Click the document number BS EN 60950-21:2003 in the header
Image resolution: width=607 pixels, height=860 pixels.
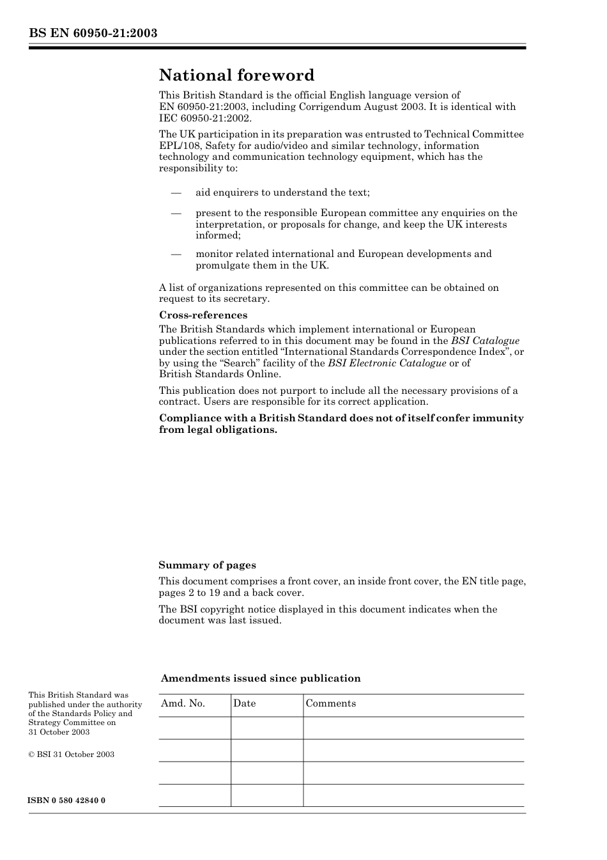tap(93, 33)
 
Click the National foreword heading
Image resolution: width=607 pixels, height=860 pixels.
tap(236, 75)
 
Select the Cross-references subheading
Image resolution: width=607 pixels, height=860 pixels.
tap(203, 315)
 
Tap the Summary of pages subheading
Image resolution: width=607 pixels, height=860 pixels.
tap(207, 565)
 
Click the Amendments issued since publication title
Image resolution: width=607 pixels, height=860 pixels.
tap(261, 678)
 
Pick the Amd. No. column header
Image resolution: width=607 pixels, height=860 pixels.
tap(183, 703)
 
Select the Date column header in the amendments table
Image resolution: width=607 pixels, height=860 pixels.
tap(244, 703)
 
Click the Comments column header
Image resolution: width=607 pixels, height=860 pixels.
tap(330, 703)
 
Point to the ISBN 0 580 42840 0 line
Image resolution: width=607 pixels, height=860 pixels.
tap(66, 801)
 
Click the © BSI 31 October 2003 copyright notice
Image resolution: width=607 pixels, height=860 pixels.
tap(71, 754)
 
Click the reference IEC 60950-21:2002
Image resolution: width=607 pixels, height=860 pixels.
tap(205, 118)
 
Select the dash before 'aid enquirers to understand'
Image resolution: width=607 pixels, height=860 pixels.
tap(176, 192)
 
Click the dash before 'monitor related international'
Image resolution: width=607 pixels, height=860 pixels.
tap(176, 254)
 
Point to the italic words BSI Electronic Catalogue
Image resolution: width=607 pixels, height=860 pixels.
tap(387, 363)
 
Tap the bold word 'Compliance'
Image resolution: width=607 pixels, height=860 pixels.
tap(189, 418)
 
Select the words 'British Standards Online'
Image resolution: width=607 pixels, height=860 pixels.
tap(219, 374)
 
